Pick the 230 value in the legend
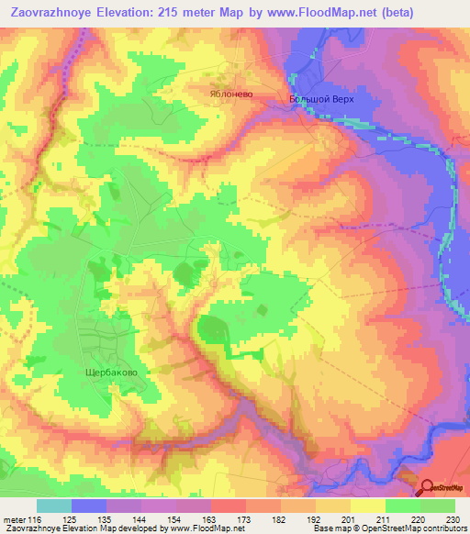click(x=453, y=518)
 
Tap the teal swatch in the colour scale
click(x=54, y=505)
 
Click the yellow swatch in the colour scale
click(x=368, y=505)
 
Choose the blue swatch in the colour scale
click(x=89, y=505)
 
